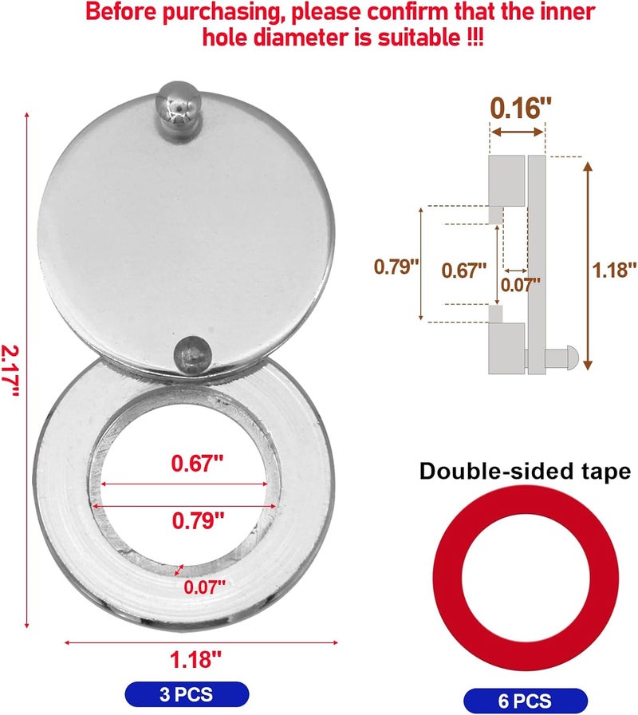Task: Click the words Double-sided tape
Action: tap(524, 472)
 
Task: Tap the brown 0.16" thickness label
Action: tap(516, 108)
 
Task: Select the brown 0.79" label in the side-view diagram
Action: tap(396, 266)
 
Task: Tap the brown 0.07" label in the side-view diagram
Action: tap(520, 282)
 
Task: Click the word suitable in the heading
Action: tap(428, 38)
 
